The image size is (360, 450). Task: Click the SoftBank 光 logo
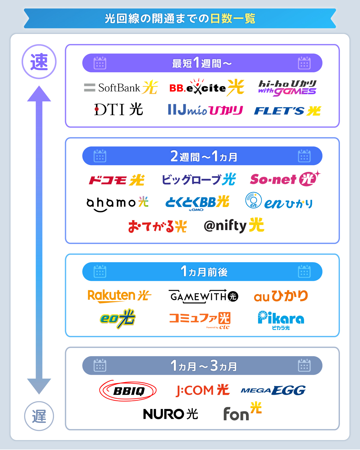(121, 88)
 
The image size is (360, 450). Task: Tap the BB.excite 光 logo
(206, 87)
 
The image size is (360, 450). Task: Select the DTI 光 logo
(118, 109)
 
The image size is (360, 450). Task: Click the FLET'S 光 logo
(287, 111)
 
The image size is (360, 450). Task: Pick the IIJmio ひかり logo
(205, 110)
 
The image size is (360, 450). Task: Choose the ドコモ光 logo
(117, 180)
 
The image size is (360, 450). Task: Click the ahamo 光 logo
(117, 203)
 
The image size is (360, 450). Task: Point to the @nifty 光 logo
(234, 226)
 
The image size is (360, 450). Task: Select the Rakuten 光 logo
(119, 296)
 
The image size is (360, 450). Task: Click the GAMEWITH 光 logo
(203, 296)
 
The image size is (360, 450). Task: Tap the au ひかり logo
(281, 296)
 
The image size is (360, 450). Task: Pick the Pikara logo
(281, 320)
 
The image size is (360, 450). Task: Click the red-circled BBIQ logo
(128, 391)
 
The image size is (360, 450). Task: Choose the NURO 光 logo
(170, 414)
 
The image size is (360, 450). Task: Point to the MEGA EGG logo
(273, 390)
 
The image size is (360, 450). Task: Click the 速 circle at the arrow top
(39, 62)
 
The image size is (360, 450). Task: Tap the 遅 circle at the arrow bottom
(39, 416)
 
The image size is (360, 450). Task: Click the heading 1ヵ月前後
(204, 272)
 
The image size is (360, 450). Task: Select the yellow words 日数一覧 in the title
(232, 19)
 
